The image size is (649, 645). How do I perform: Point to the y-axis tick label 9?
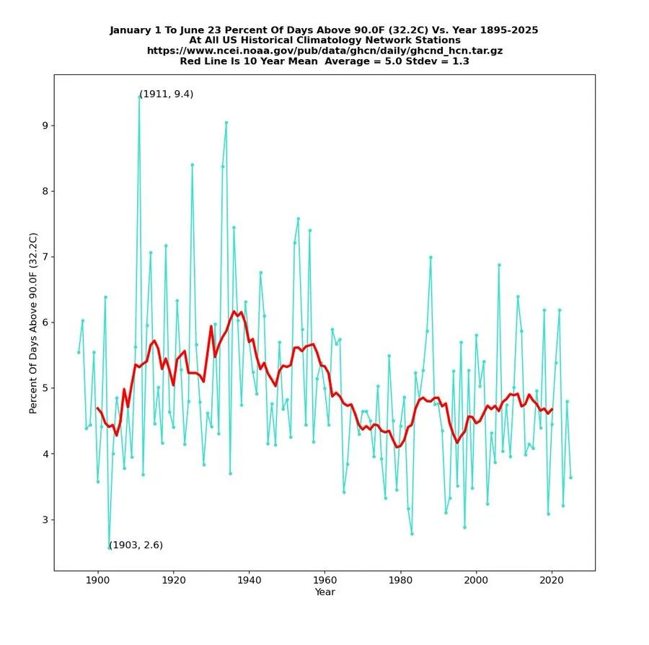pos(44,126)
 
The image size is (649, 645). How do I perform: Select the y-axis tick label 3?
pos(44,519)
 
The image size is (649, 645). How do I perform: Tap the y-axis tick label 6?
pos(44,322)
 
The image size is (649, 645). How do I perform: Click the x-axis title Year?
pos(324,592)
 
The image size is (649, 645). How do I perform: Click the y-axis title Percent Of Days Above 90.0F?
pos(32,322)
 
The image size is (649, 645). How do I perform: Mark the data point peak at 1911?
pos(139,96)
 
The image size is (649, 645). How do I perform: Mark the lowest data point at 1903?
pos(109,548)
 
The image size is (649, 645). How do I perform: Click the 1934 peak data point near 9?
pos(226,122)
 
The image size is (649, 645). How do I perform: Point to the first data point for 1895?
pos(79,352)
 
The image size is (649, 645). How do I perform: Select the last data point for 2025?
pos(570,478)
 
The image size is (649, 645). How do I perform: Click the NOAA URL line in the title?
pos(324,51)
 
